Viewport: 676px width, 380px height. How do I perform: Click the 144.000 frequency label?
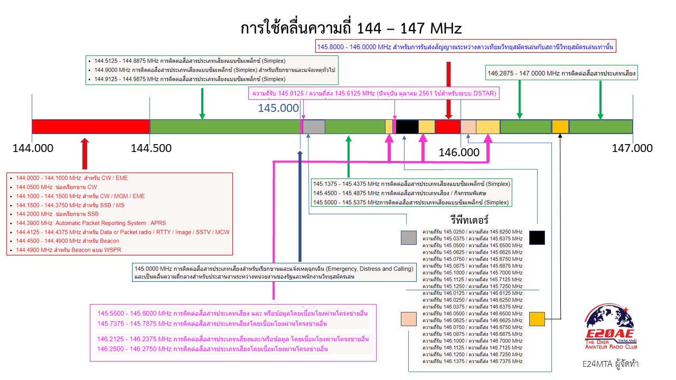(32, 148)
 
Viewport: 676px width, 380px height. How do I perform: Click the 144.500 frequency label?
(151, 148)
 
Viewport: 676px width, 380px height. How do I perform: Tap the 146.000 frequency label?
(459, 153)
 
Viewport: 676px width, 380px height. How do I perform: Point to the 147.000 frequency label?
(632, 148)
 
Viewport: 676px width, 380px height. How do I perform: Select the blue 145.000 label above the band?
(278, 108)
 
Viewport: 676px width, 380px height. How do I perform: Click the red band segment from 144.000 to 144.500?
(91, 127)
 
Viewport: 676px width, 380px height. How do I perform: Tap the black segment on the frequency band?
(407, 127)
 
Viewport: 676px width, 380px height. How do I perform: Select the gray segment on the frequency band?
(314, 127)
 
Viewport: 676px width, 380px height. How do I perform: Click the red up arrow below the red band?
(84, 154)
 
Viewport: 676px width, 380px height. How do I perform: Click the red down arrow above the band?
(448, 90)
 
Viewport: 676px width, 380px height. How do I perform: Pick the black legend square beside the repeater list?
(537, 237)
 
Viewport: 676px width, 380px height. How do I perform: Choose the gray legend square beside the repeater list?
(408, 237)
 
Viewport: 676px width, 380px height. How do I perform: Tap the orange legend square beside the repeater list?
(537, 319)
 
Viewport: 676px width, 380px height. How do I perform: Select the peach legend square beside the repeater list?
(409, 319)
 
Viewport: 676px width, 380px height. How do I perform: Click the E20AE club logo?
(609, 327)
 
